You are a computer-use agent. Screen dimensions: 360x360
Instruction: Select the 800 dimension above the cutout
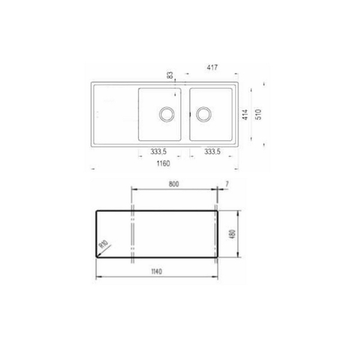[x=175, y=184]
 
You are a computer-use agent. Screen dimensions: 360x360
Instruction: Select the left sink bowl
[x=159, y=114]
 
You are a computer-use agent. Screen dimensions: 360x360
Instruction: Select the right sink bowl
[x=211, y=114]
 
